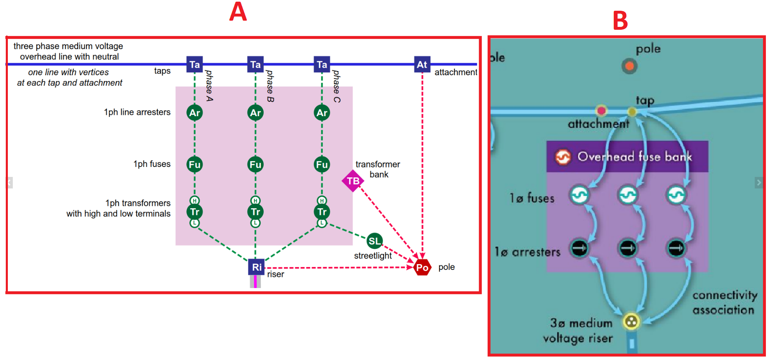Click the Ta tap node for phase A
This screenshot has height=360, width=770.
point(194,64)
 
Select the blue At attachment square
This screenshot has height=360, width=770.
point(422,64)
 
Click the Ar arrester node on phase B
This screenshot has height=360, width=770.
point(255,112)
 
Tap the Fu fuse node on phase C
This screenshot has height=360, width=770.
point(322,165)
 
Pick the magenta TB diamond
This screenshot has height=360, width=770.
point(353,181)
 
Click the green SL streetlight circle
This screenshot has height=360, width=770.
point(374,241)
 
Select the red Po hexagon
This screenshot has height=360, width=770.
point(422,267)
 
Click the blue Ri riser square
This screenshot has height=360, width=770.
point(256,267)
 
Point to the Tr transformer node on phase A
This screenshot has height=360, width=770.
point(194,212)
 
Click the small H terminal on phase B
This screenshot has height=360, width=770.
point(255,200)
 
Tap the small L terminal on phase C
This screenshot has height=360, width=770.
point(322,223)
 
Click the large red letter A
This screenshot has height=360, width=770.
point(238,12)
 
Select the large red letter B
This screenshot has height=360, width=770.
point(620,21)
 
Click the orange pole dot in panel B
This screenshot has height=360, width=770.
point(629,66)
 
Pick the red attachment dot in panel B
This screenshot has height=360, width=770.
point(601,110)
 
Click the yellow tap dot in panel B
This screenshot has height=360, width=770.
point(632,112)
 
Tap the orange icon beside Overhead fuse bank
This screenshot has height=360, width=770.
point(563,157)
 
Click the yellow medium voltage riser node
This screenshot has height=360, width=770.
point(631,321)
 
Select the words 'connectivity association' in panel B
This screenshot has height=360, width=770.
point(725,303)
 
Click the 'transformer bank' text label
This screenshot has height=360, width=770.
point(378,169)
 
